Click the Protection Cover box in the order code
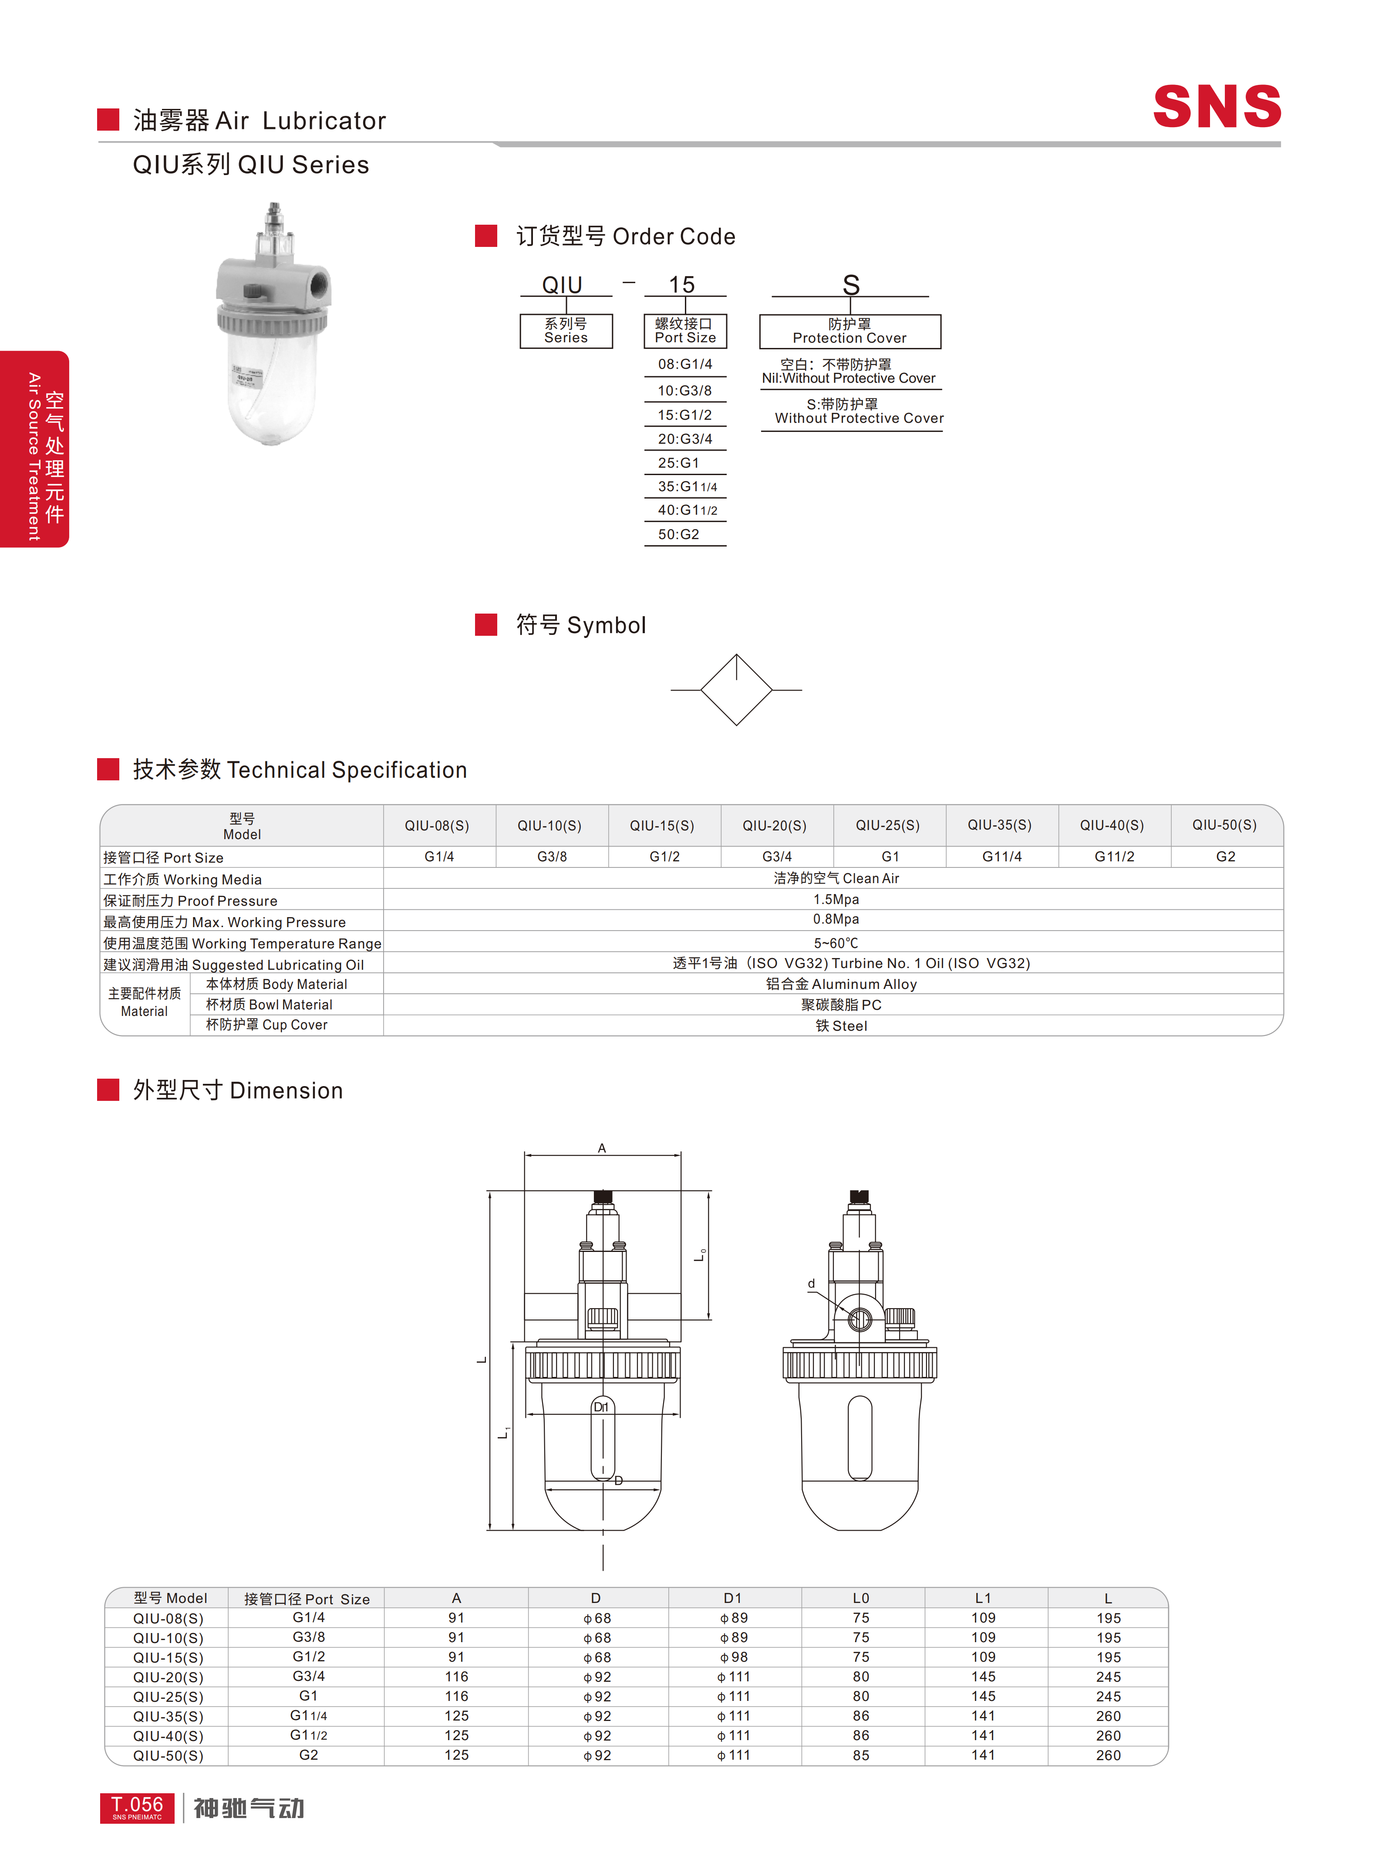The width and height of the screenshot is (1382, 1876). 850,331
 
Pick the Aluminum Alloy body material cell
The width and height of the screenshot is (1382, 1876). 842,984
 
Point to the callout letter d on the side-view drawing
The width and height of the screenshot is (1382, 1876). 811,1284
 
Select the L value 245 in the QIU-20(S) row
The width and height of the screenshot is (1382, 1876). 1109,1677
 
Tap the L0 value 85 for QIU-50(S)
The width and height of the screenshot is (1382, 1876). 861,1755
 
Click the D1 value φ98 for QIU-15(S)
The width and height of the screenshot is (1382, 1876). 734,1657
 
